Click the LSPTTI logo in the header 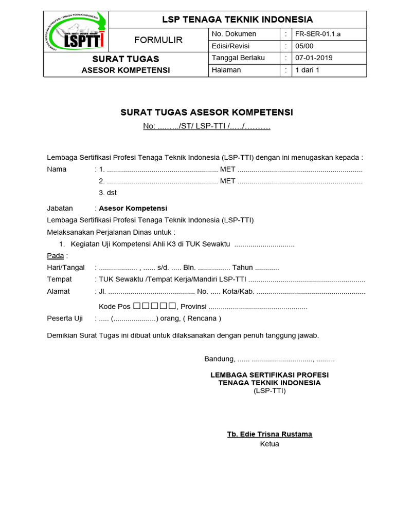point(76,32)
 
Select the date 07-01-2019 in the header point(314,58)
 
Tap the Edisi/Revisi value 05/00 point(303,46)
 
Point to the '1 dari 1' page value point(307,70)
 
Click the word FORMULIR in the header point(158,40)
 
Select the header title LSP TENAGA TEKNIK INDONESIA point(237,20)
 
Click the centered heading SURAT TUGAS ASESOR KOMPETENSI point(207,112)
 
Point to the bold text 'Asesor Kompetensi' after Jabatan point(133,209)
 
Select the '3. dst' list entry point(107,193)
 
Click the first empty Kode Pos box point(136,306)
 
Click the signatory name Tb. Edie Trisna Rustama point(270,434)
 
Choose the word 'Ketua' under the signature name point(270,444)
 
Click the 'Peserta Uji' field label point(65,318)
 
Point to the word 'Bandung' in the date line point(220,359)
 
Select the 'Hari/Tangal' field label point(66,268)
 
